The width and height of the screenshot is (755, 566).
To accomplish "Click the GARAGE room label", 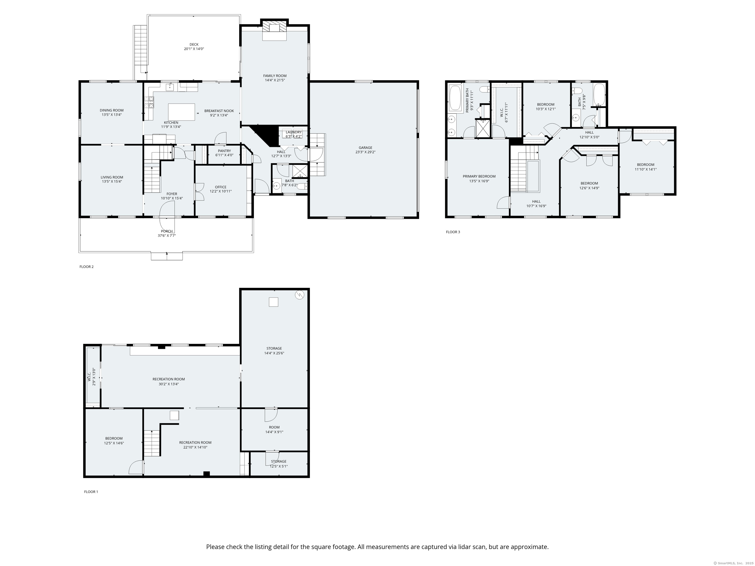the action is (x=365, y=148).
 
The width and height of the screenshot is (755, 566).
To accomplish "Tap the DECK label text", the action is (x=194, y=44).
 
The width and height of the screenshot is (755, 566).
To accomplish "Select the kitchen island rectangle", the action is (x=182, y=112).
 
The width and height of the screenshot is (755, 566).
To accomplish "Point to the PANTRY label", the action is (x=224, y=151).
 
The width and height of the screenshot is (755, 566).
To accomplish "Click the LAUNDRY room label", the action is (x=293, y=132).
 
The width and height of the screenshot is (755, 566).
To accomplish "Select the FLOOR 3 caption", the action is (x=453, y=232).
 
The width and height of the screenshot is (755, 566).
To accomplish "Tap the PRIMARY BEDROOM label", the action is (x=479, y=176).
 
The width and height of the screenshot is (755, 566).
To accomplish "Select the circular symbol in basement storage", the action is (x=299, y=295).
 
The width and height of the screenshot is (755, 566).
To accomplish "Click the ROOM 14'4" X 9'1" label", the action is (x=274, y=429).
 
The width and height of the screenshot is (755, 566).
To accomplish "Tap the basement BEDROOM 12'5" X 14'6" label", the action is (x=114, y=441).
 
